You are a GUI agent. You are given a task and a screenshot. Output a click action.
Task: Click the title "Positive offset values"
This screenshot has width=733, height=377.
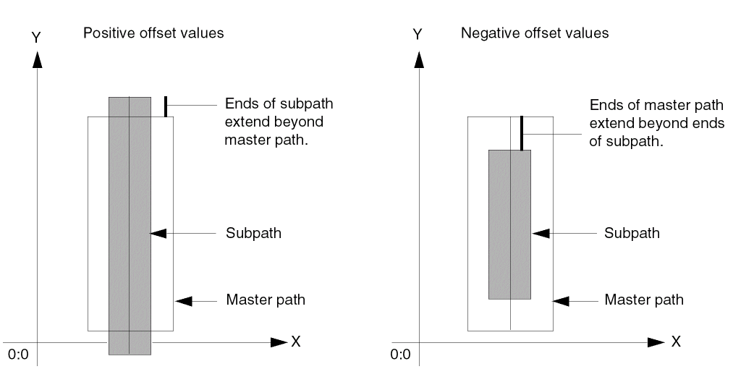click(154, 33)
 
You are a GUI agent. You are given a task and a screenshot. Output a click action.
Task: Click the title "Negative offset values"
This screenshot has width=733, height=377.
click(535, 33)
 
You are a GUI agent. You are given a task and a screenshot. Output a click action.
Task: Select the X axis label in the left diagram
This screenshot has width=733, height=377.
click(295, 342)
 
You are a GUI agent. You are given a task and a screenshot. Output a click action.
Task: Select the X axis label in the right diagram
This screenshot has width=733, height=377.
click(675, 342)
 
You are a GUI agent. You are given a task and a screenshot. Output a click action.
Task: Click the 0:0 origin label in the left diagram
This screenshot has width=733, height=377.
click(18, 355)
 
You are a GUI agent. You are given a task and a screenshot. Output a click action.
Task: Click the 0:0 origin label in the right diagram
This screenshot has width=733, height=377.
click(399, 355)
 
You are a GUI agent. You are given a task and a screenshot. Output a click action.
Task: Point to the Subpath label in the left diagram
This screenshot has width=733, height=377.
click(253, 233)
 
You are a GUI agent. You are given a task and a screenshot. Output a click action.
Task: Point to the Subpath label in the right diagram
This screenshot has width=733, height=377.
click(632, 233)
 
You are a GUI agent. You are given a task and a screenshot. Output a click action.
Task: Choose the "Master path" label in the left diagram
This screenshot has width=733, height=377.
click(266, 300)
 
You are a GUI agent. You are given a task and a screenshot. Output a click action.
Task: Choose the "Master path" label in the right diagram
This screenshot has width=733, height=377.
click(644, 300)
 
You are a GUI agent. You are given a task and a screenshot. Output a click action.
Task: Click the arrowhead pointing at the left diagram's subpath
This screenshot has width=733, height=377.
click(158, 233)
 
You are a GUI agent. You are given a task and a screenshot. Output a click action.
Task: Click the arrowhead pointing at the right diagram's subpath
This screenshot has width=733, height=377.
click(539, 233)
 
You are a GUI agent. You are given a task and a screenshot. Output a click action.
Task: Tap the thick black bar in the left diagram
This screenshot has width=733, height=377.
click(166, 106)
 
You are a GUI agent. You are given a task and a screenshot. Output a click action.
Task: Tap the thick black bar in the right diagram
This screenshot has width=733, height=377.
click(521, 133)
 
